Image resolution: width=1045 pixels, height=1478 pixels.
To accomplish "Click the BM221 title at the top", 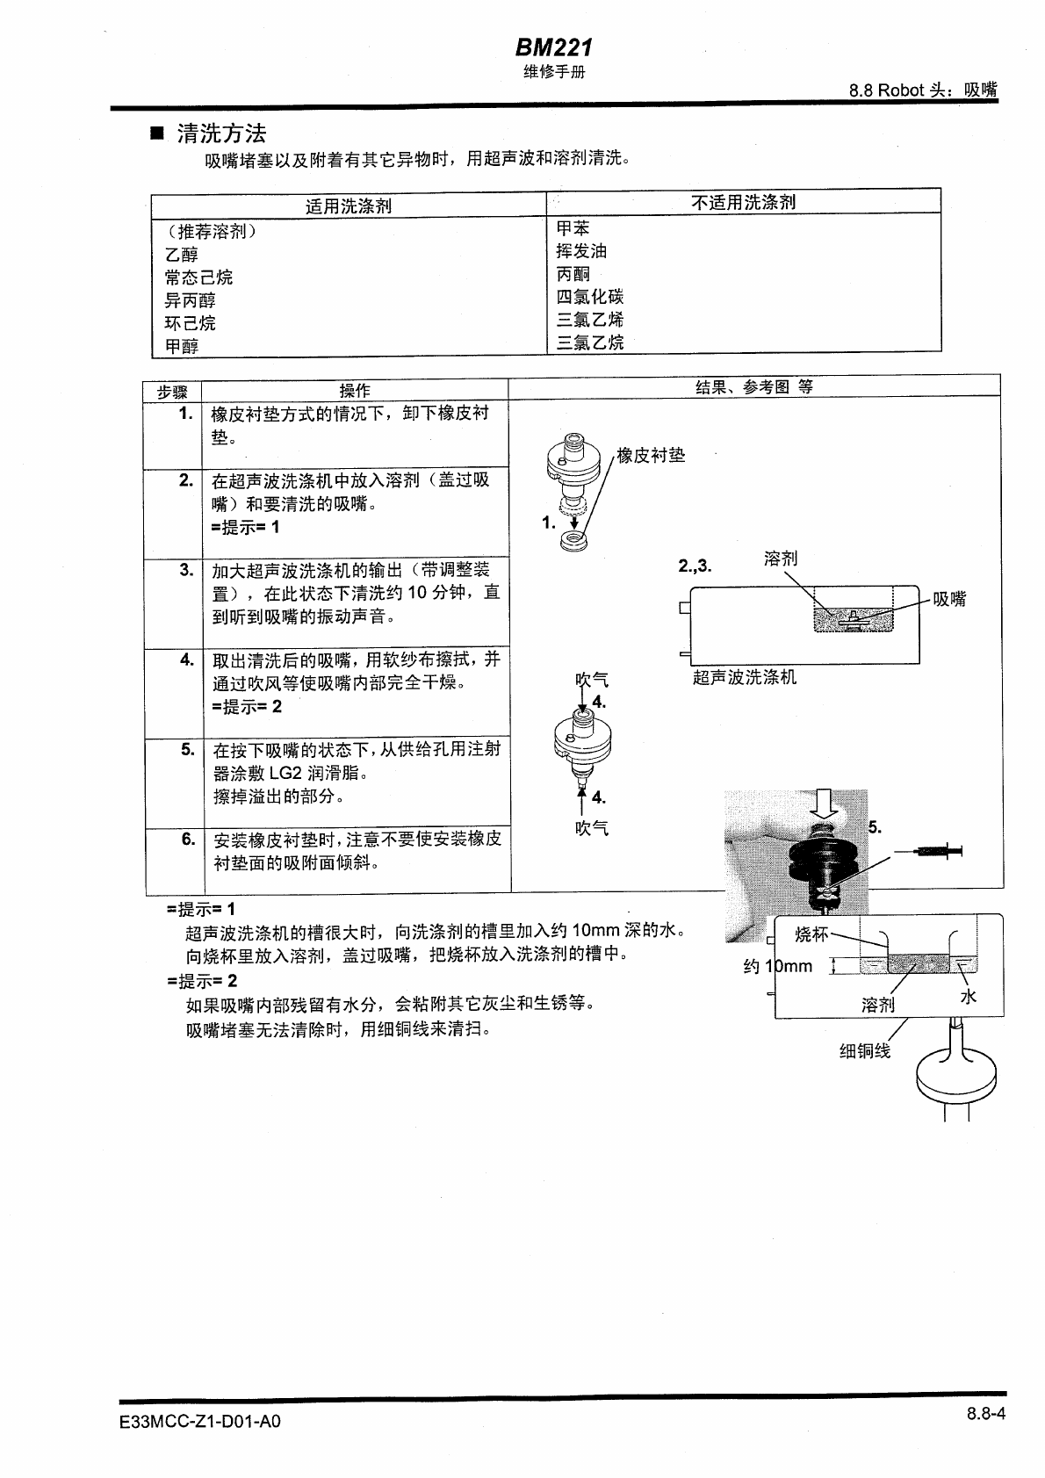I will [x=554, y=47].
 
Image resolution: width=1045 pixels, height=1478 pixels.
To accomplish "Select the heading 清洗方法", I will [x=220, y=133].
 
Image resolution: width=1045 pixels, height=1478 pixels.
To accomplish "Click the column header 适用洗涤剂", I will [x=348, y=206].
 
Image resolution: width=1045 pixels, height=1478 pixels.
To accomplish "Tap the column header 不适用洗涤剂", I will [x=743, y=202].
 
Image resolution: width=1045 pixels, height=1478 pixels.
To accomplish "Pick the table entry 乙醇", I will [x=182, y=255].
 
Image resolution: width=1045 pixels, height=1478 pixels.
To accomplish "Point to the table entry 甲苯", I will [x=573, y=228].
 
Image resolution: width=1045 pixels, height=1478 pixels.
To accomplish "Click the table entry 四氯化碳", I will [x=590, y=297].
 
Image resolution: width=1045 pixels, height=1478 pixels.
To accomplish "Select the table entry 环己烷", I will [x=190, y=323].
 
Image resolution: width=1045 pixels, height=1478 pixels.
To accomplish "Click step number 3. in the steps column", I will [x=186, y=569].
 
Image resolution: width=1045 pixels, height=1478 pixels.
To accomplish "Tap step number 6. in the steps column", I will [x=188, y=839].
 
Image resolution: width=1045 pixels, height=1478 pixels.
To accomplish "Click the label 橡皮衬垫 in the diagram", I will [x=651, y=455].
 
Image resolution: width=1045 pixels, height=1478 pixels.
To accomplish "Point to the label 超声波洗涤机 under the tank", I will [x=745, y=677].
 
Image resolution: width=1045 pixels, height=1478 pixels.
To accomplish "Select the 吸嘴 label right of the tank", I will [x=949, y=599].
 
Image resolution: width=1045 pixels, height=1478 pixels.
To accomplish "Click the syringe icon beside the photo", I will [x=937, y=850].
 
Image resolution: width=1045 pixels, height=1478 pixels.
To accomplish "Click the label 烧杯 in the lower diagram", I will [x=811, y=934].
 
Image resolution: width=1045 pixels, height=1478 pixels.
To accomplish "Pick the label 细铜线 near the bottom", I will [x=865, y=1051].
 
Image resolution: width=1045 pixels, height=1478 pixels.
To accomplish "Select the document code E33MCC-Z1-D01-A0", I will [x=199, y=1421].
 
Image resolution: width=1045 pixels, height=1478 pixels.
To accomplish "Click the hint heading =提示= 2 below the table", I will [x=202, y=981].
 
